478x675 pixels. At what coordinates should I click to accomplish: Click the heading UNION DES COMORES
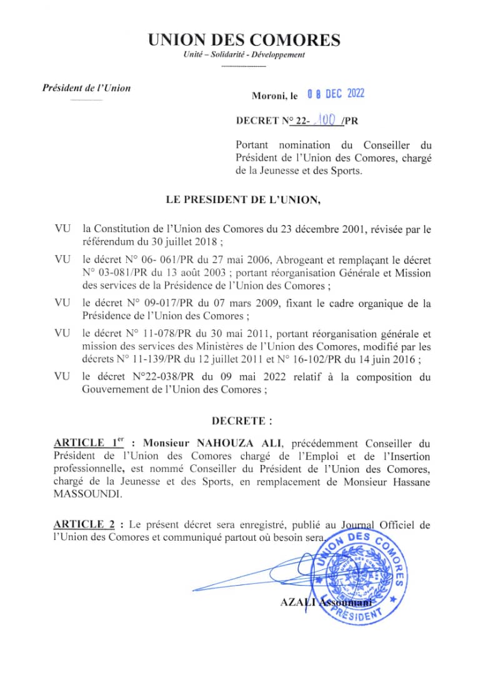pyautogui.click(x=244, y=41)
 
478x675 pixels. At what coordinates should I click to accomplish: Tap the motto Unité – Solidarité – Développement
pyautogui.click(x=244, y=56)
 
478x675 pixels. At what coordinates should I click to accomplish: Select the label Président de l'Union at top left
pyautogui.click(x=86, y=88)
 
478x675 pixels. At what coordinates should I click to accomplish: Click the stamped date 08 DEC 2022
pyautogui.click(x=336, y=94)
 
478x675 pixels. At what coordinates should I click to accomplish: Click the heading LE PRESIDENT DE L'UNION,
pyautogui.click(x=243, y=201)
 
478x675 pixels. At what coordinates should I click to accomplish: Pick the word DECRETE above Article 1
pyautogui.click(x=241, y=421)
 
